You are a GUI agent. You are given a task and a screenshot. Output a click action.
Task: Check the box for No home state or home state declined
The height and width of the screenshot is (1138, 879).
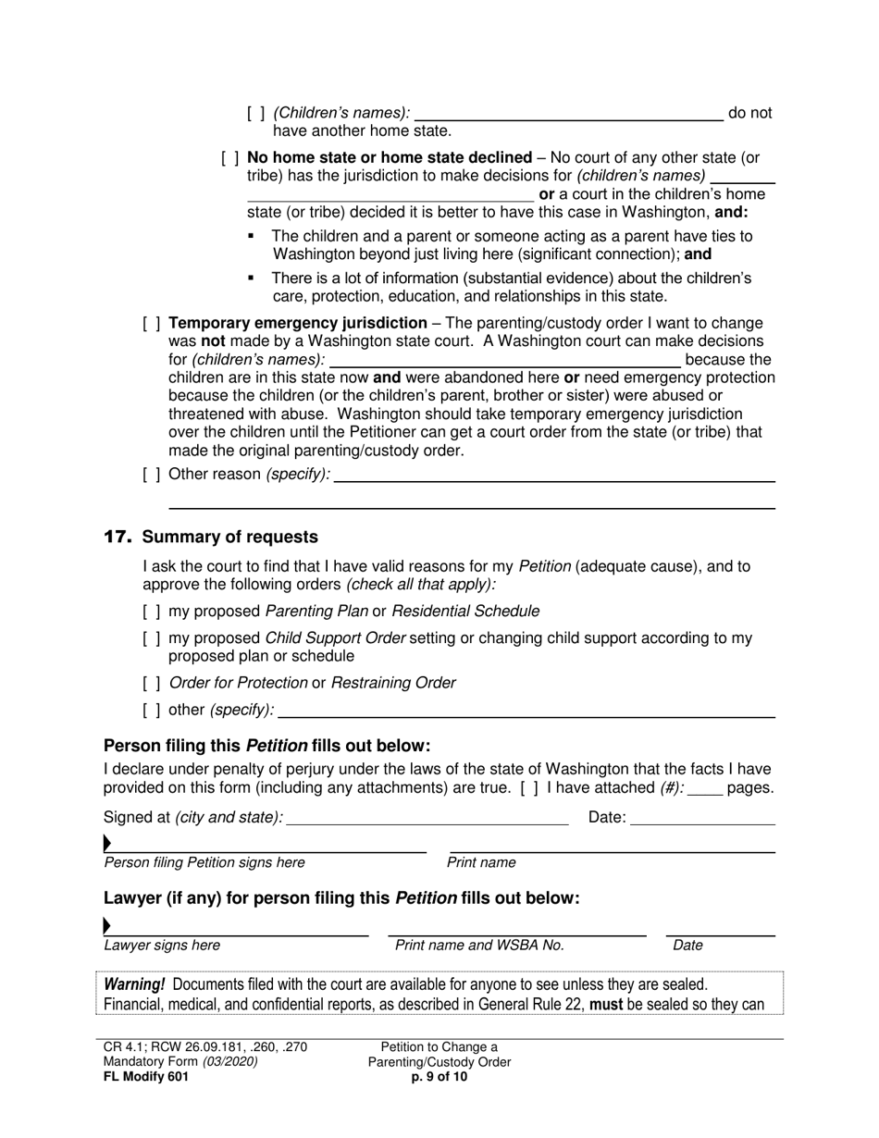pos(230,158)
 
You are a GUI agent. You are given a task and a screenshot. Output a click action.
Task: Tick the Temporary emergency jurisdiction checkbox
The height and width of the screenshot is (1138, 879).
pos(152,324)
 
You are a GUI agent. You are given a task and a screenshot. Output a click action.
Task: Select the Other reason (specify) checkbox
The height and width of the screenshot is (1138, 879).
pos(152,475)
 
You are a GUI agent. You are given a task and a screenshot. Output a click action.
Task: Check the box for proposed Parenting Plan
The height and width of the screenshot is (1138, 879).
pos(152,612)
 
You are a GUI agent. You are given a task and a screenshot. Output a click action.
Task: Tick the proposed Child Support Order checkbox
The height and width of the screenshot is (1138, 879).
pos(152,638)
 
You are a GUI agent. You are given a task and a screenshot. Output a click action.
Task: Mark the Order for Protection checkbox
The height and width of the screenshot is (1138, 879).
pos(152,684)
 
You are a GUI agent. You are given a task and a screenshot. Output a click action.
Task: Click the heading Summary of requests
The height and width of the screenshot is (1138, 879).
pos(229,538)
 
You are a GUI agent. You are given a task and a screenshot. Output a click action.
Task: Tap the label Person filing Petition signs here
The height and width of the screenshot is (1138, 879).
pos(204,863)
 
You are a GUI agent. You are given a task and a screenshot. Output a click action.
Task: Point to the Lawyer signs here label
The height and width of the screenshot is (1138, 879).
pos(162,946)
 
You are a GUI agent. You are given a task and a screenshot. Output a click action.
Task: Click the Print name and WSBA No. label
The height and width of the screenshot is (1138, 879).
pos(479,946)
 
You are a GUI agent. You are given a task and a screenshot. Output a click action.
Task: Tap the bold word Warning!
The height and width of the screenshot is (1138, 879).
pos(134,984)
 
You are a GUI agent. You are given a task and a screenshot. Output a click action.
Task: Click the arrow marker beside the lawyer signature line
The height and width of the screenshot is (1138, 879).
pos(107,925)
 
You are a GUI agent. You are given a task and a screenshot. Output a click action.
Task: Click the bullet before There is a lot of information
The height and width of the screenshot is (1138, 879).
pos(251,278)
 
